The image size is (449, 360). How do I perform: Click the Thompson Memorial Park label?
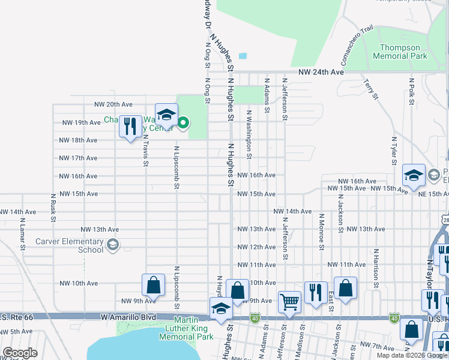(399, 51)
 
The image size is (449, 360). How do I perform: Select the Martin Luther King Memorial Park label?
(185, 328)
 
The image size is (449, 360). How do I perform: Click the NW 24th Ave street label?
(322, 72)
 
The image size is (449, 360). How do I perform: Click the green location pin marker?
(183, 124)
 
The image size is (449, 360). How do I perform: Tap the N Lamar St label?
(22, 235)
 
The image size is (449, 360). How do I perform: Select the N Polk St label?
(411, 91)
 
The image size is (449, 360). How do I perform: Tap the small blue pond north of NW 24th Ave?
(243, 56)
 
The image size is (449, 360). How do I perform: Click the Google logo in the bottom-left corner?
(20, 353)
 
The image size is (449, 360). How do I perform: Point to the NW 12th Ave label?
(256, 247)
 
